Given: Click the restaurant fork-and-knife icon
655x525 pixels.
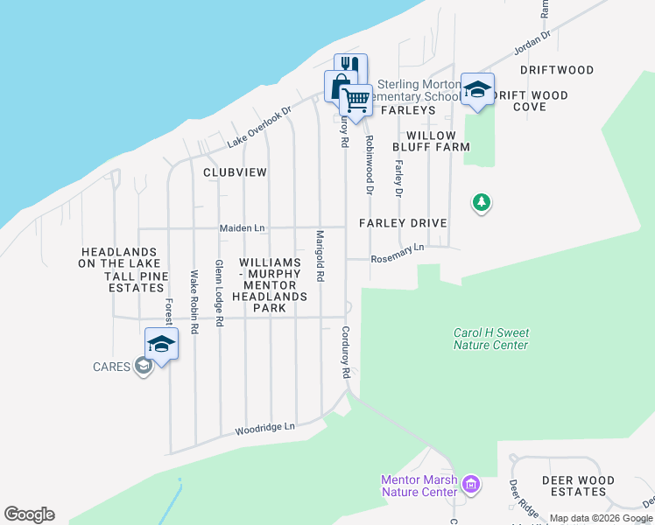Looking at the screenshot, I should pos(350,67).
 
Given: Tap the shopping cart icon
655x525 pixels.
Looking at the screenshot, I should pos(356,101).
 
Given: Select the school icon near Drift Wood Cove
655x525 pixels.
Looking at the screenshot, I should pos(477,89).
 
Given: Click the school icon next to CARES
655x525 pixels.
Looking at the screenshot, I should pos(161,345).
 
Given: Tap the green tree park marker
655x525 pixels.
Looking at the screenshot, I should pos(481,204).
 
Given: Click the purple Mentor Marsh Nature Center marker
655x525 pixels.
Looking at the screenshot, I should pos(471,484).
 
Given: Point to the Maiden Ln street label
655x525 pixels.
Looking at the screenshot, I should pos(242,228).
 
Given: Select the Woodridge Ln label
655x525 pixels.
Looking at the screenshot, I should pos(265,429).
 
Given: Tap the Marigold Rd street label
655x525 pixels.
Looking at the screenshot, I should pos(320,255).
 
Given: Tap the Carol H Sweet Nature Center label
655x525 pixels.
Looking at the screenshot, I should pos(490,339).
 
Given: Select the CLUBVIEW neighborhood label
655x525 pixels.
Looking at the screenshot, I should pos(235,172).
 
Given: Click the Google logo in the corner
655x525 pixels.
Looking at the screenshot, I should pos(29,514).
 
